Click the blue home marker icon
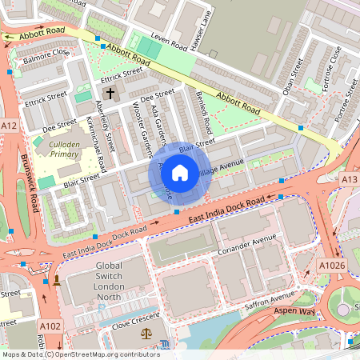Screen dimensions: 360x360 (180, 172)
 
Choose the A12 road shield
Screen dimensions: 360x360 (10, 126)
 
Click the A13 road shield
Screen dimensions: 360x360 (349, 180)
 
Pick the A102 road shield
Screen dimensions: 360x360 (50, 326)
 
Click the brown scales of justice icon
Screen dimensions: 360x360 (146, 331)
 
